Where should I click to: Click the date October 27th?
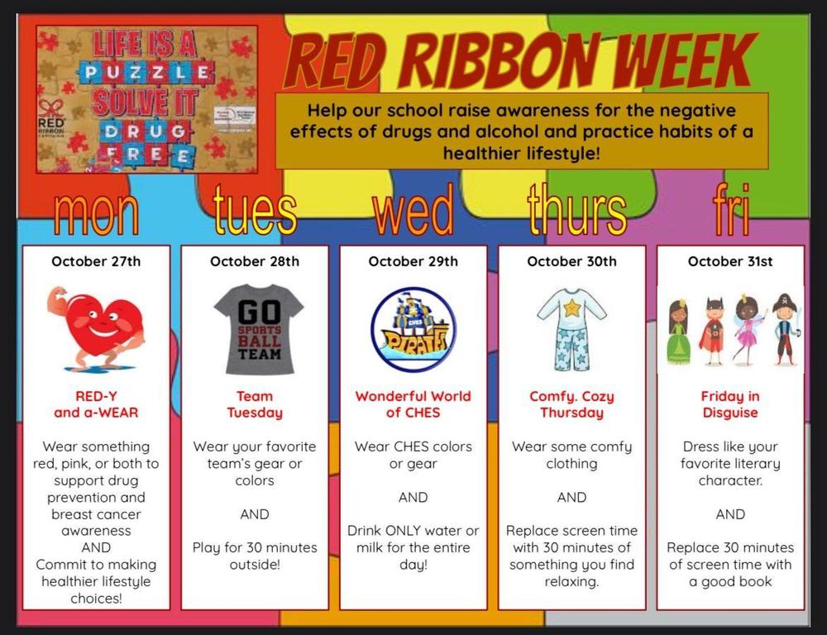coord(96,261)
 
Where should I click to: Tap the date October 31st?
coord(730,261)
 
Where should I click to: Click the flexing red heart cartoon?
coord(98,327)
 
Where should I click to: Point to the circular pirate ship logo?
coord(413,330)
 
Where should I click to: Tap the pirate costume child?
coord(785,329)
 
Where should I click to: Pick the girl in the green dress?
coord(679,331)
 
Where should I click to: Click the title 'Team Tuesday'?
coord(255,404)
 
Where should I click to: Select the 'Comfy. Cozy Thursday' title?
coord(572,404)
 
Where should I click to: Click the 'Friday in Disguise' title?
coord(730,404)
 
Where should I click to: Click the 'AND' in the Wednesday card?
coord(413,497)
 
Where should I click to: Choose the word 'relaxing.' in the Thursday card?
coord(572,582)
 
